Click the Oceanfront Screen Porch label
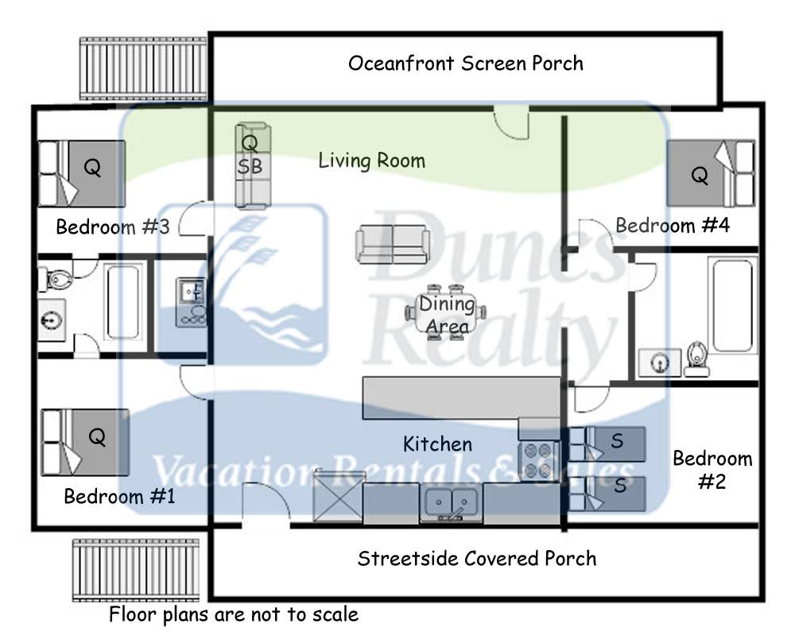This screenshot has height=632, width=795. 465,64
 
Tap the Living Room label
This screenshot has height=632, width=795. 371,161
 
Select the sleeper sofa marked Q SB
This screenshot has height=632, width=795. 253,165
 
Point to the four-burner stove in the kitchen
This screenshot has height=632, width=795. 538,459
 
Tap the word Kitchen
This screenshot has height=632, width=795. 437,444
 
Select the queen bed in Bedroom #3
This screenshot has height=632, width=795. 83,173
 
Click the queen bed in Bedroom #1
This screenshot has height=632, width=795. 84,442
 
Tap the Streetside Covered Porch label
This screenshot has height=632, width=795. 476,558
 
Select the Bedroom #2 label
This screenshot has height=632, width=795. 712,470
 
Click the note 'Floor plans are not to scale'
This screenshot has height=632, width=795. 234,615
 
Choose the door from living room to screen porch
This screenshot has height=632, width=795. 511,122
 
